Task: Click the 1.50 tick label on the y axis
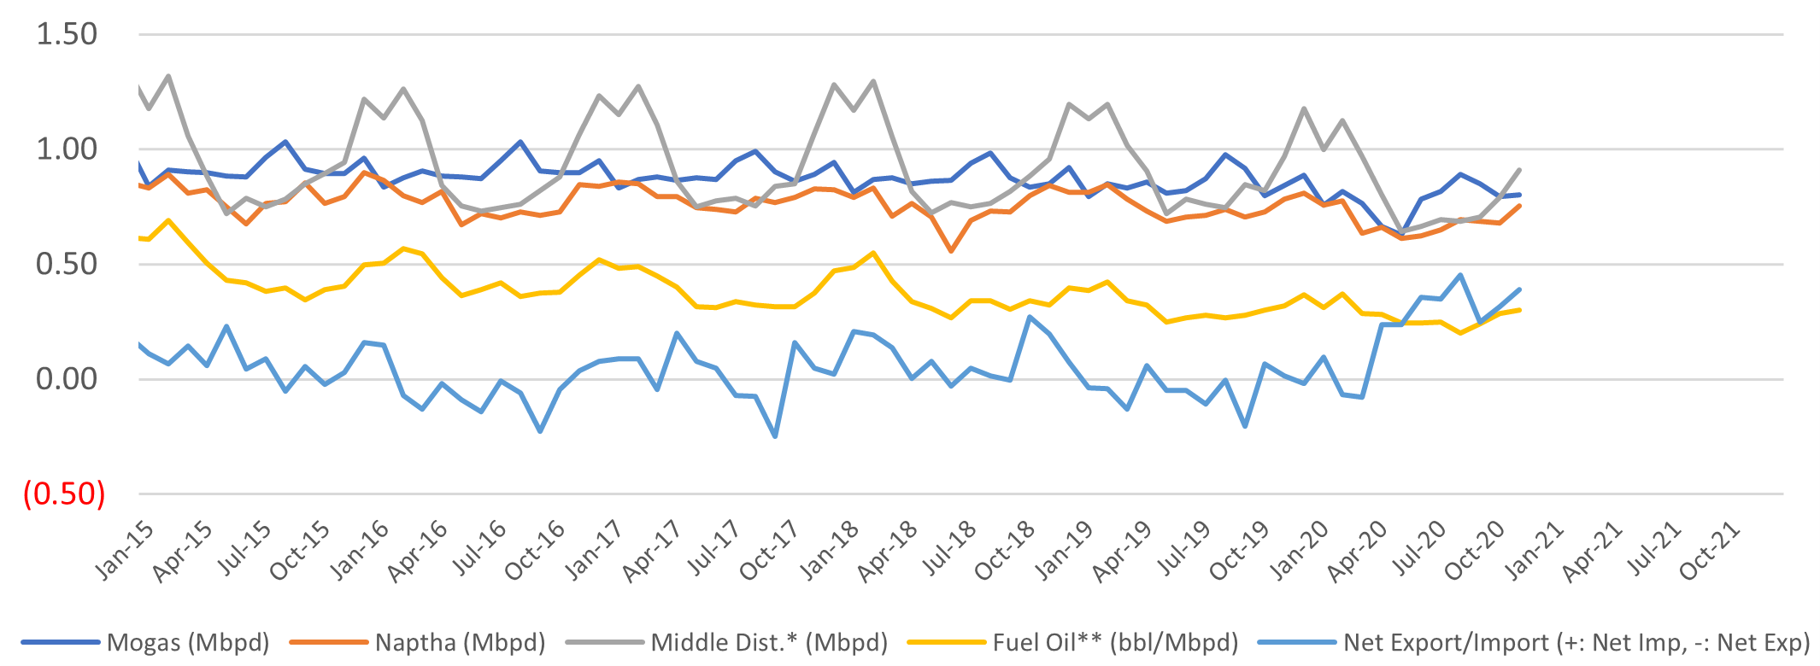pos(67,35)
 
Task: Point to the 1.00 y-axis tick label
pos(67,149)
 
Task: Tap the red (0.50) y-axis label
pos(64,494)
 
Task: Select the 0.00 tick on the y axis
pos(67,379)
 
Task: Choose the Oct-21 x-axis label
pos(1710,552)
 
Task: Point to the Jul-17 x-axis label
pos(713,552)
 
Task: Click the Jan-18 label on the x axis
pos(831,552)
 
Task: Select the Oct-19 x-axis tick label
pos(1241,552)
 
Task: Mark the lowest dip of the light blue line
pos(775,436)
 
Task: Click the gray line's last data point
pos(1519,170)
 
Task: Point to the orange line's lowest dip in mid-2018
pos(950,251)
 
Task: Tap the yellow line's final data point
pos(1519,310)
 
